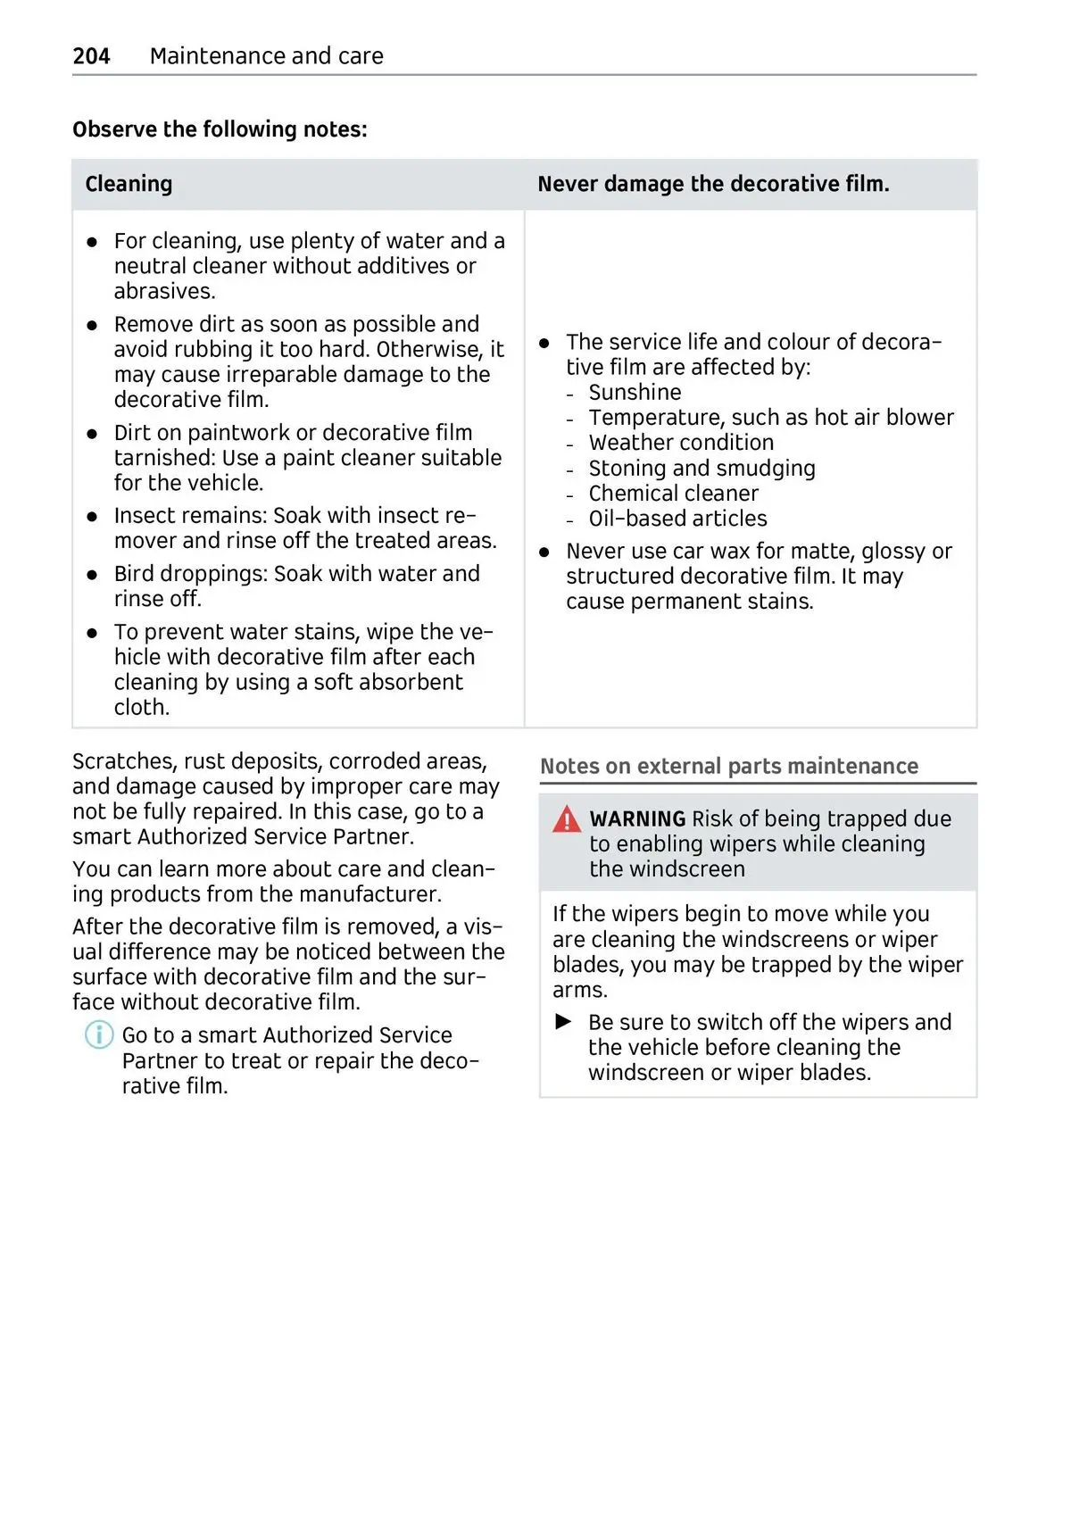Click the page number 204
click(91, 56)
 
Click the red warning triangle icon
click(566, 819)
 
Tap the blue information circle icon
click(99, 1035)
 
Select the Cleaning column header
click(129, 184)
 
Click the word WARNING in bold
click(637, 819)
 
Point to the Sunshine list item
click(635, 393)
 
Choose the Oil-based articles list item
click(677, 519)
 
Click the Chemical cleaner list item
click(673, 494)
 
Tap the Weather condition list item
click(681, 443)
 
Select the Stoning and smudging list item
click(702, 469)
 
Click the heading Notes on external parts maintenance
click(728, 767)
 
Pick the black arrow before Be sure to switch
click(563, 1021)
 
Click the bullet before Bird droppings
click(92, 575)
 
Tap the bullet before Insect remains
click(92, 517)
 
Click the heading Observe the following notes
click(220, 129)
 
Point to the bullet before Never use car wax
click(544, 552)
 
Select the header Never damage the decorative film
click(713, 184)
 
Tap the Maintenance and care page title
click(266, 56)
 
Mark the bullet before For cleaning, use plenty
click(92, 242)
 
